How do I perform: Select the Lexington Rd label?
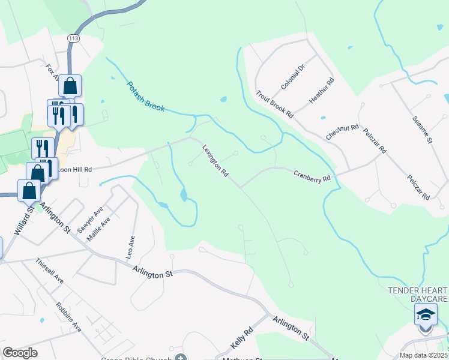[x=215, y=161]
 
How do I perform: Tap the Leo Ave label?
[x=130, y=247]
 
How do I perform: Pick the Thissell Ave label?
[x=49, y=271]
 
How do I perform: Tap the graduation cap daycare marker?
[x=426, y=315]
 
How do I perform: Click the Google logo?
[x=20, y=353]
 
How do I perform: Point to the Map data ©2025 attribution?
[x=424, y=355]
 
